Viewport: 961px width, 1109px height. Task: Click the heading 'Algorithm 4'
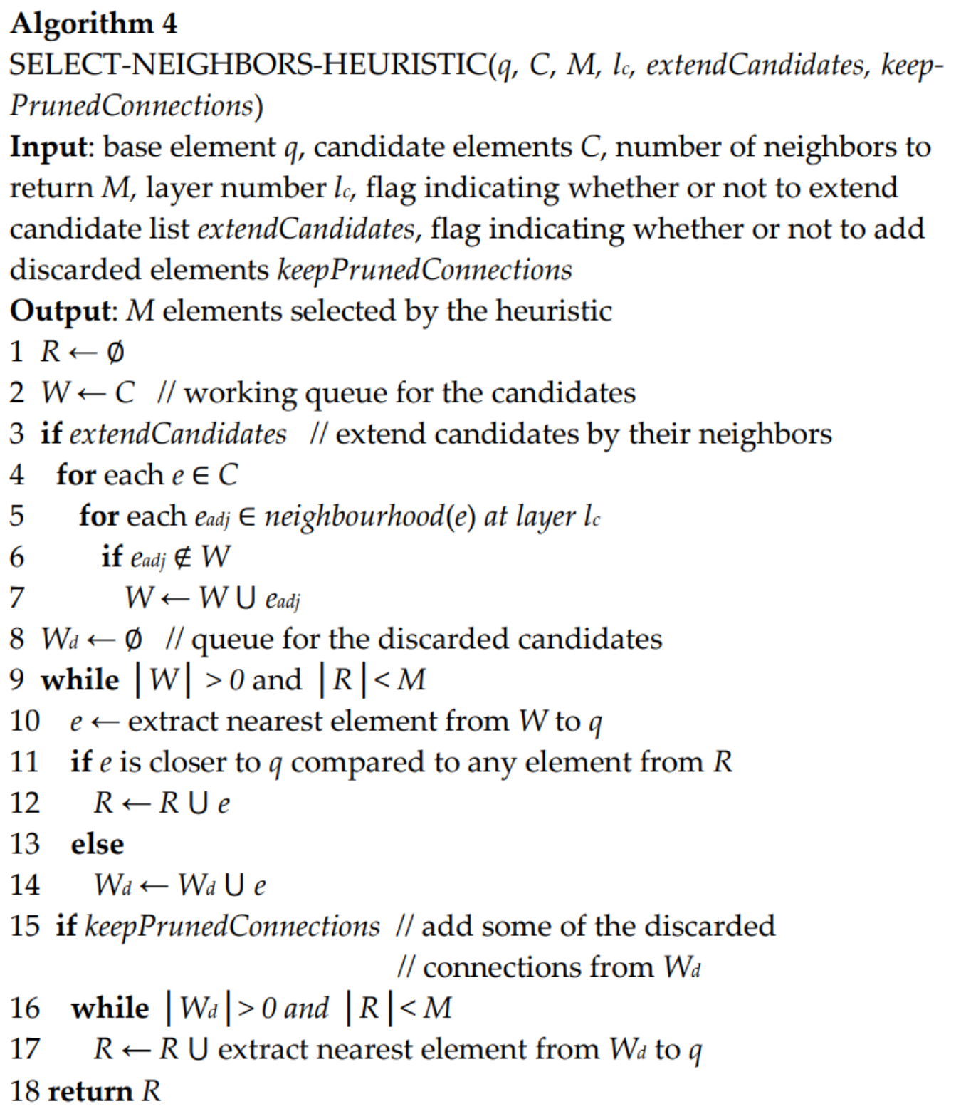click(93, 24)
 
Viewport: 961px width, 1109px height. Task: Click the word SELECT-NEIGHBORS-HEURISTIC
click(248, 66)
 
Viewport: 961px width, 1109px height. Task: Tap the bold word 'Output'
click(60, 311)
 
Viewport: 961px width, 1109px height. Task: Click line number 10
click(25, 722)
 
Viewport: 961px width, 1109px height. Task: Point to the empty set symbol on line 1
click(115, 352)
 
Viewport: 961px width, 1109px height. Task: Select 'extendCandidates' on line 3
click(178, 434)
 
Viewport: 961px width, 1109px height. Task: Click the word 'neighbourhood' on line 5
click(354, 516)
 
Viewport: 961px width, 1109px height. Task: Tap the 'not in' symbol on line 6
click(183, 557)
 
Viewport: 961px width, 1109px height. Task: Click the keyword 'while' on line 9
click(80, 680)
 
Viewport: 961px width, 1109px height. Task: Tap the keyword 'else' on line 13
click(97, 845)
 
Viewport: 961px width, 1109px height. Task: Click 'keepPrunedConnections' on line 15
click(232, 927)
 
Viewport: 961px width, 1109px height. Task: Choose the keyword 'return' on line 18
click(90, 1091)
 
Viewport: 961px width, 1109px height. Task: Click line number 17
click(25, 1050)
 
